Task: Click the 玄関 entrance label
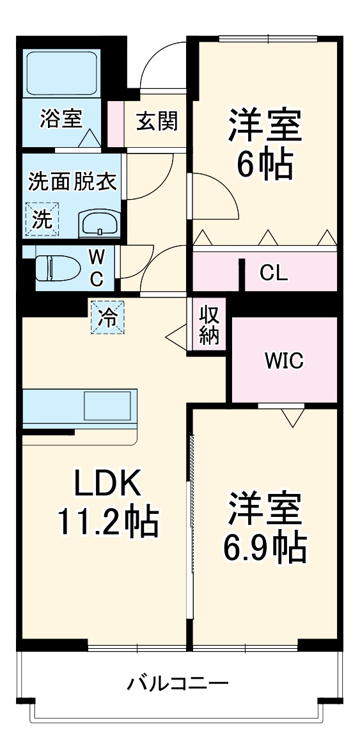coord(157,120)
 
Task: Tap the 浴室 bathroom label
coord(61,119)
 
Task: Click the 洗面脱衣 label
coord(72,182)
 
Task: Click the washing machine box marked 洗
coord(42,219)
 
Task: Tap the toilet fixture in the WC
coord(52,268)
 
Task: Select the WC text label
coord(96,268)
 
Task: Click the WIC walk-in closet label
coord(284,361)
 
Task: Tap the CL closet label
coord(274,273)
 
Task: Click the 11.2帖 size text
coord(107,522)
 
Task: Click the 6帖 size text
coord(264,166)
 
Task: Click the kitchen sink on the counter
coord(108,406)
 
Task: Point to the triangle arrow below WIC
coord(292,418)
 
